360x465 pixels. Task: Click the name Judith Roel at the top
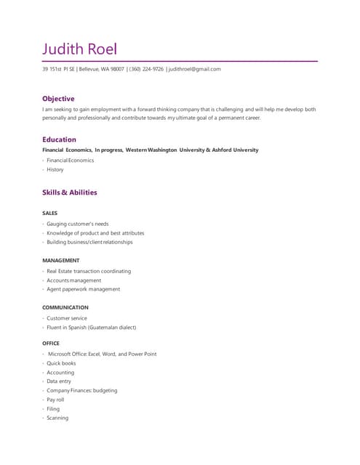(79, 49)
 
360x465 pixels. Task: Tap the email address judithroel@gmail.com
(194, 69)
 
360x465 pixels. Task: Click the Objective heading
(58, 98)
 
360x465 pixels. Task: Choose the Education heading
(59, 139)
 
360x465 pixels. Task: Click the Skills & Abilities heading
(69, 193)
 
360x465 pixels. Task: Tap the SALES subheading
(49, 213)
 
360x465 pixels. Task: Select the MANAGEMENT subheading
(61, 260)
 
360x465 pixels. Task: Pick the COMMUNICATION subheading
(65, 307)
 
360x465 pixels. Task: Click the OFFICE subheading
(51, 343)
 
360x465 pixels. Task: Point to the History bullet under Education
(55, 169)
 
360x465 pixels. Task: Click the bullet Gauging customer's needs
(78, 224)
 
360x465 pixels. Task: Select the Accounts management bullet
(74, 280)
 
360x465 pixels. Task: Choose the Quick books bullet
(61, 363)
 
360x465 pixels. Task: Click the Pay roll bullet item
(55, 400)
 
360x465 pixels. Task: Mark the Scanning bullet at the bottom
(57, 418)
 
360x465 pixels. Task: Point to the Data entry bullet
(59, 381)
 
